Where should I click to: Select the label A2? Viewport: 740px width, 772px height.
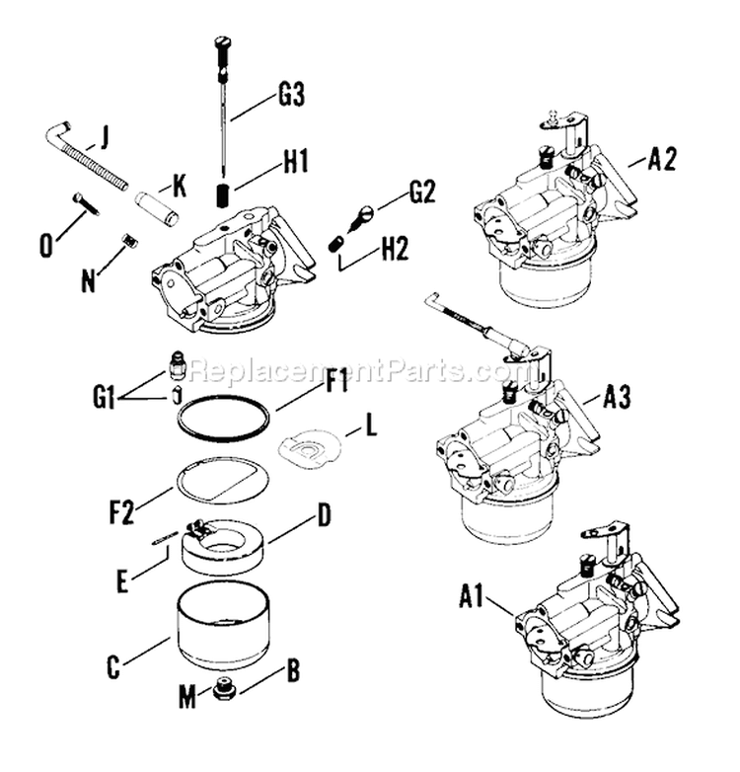click(661, 161)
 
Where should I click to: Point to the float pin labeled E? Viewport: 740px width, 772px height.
click(166, 537)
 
